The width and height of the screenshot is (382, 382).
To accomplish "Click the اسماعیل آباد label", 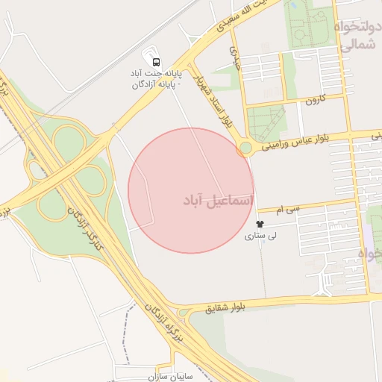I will click(x=218, y=201).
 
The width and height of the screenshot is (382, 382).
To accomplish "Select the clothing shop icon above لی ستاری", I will click(x=260, y=224).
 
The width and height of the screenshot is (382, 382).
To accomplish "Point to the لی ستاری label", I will click(x=262, y=236).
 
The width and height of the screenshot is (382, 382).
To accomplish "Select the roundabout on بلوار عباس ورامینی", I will click(x=245, y=148).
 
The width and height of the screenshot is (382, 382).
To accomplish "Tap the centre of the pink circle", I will click(x=191, y=191).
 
